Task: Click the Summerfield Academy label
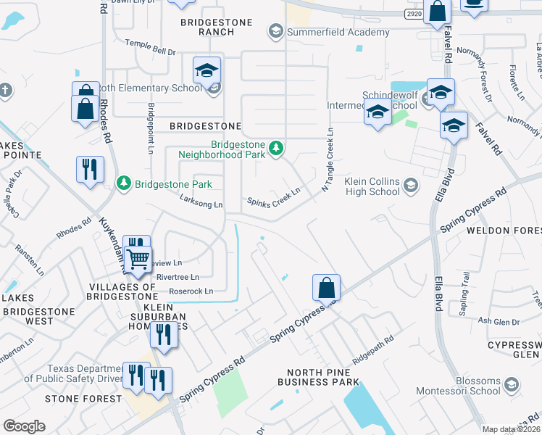(338, 32)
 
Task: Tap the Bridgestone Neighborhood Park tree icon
(275, 149)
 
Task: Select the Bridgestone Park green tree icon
(124, 182)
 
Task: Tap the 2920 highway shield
(414, 14)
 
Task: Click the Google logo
(24, 426)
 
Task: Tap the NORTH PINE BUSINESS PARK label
(318, 377)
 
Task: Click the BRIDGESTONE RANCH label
(217, 27)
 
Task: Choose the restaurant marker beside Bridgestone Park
(89, 169)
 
